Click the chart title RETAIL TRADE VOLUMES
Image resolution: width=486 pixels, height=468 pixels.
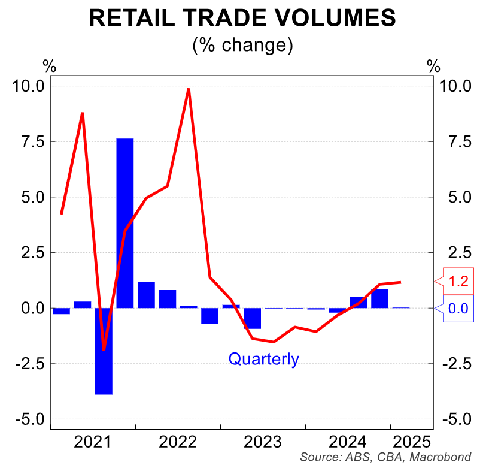tap(242, 18)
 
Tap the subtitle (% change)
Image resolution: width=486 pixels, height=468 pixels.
tap(242, 45)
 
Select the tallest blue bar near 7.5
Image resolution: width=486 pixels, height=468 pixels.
tap(124, 223)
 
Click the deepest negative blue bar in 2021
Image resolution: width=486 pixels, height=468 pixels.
tap(104, 351)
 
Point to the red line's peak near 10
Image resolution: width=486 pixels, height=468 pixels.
tap(189, 89)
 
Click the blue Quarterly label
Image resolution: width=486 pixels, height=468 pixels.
tap(263, 359)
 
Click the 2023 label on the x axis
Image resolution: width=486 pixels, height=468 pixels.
tap(263, 442)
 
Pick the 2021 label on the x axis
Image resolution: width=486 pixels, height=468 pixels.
tap(93, 442)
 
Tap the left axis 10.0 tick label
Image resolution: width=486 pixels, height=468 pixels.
tap(25, 86)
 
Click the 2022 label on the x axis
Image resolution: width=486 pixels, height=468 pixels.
tap(178, 442)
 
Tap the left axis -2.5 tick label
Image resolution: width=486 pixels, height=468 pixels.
tap(26, 364)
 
